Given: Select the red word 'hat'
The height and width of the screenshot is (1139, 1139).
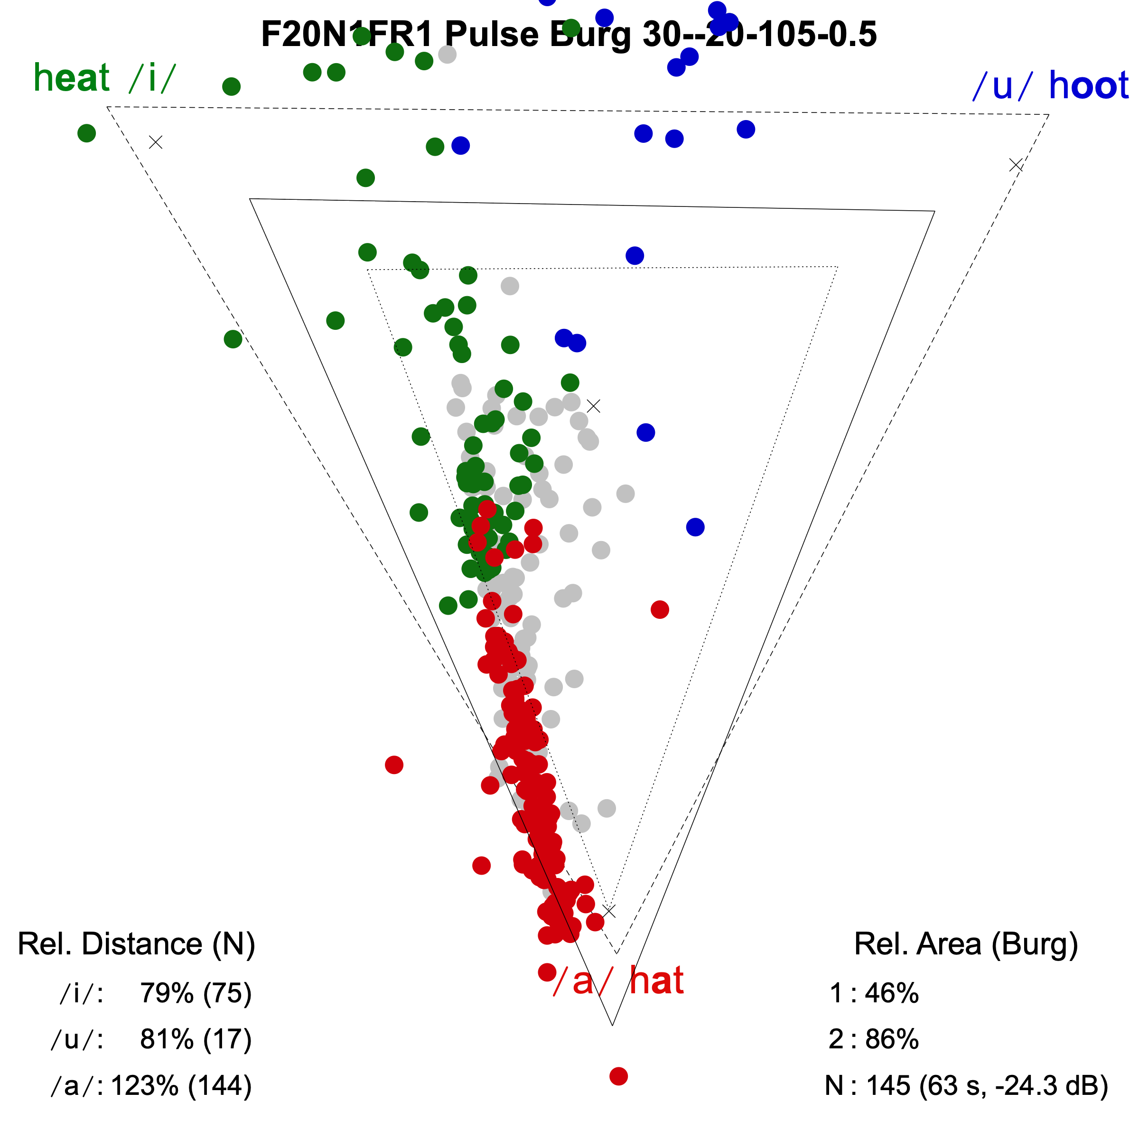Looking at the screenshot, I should coord(656,981).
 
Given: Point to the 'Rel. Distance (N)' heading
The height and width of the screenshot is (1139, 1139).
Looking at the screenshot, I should coord(136,944).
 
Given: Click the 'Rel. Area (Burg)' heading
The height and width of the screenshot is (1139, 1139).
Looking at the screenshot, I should coord(966,944).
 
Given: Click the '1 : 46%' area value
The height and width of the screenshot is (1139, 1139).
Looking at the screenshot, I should coord(874,993).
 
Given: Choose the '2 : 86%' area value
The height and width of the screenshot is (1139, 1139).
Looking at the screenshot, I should coord(874,1039).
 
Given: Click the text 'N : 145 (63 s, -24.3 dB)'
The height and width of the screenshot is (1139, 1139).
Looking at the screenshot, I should coord(966,1085).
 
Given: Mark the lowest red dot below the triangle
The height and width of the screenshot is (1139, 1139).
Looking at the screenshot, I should coord(618,1076).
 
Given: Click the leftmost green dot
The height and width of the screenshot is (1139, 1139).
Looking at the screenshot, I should coord(87,133).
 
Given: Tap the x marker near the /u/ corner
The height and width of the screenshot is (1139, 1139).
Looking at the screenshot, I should coord(1016,165).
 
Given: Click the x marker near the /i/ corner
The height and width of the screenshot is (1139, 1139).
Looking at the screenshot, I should coord(156,142).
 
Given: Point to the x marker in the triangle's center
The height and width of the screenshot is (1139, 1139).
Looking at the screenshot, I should coord(594,406).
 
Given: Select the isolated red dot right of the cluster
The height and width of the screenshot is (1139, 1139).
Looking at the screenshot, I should coord(660,609).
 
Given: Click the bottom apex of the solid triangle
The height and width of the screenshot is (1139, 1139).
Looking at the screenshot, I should coord(613,1025).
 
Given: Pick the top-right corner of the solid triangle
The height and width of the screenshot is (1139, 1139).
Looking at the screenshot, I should coord(935,210).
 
